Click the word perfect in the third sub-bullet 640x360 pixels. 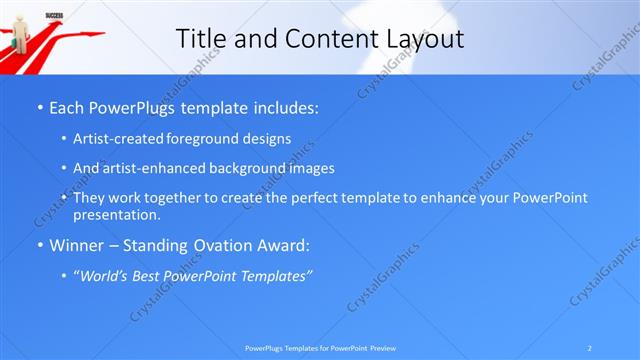tap(306, 198)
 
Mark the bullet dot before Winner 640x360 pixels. tap(39, 245)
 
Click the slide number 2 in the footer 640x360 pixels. tap(590, 347)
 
